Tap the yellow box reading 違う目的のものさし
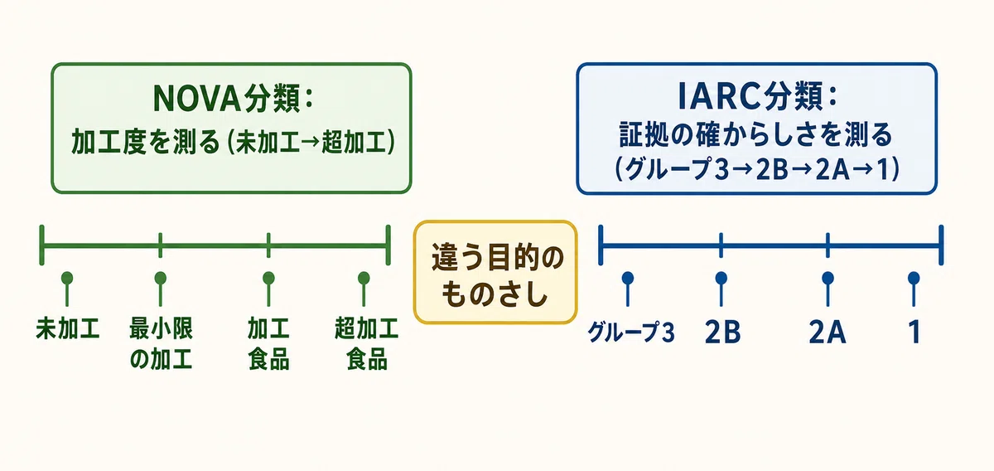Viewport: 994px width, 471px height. (495, 272)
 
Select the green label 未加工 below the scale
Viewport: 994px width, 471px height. (67, 329)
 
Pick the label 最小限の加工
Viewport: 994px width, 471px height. (161, 343)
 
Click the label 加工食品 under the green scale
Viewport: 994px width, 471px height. (268, 343)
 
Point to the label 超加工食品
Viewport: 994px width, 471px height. (366, 343)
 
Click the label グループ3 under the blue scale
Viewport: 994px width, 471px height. (631, 333)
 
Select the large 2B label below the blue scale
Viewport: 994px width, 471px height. (723, 333)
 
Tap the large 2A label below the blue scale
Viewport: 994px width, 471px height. (828, 333)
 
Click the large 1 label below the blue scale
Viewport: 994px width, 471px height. (914, 333)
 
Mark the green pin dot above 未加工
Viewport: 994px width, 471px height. (67, 278)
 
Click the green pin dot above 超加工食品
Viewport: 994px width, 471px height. (364, 278)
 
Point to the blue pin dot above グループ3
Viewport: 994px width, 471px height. (628, 278)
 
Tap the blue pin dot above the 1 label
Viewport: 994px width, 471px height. (914, 278)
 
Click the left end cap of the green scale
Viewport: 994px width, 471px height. (41, 245)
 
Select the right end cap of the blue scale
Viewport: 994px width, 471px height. (941, 245)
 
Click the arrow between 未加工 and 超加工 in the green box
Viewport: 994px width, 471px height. (310, 142)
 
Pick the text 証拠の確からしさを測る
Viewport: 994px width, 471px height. (755, 134)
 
